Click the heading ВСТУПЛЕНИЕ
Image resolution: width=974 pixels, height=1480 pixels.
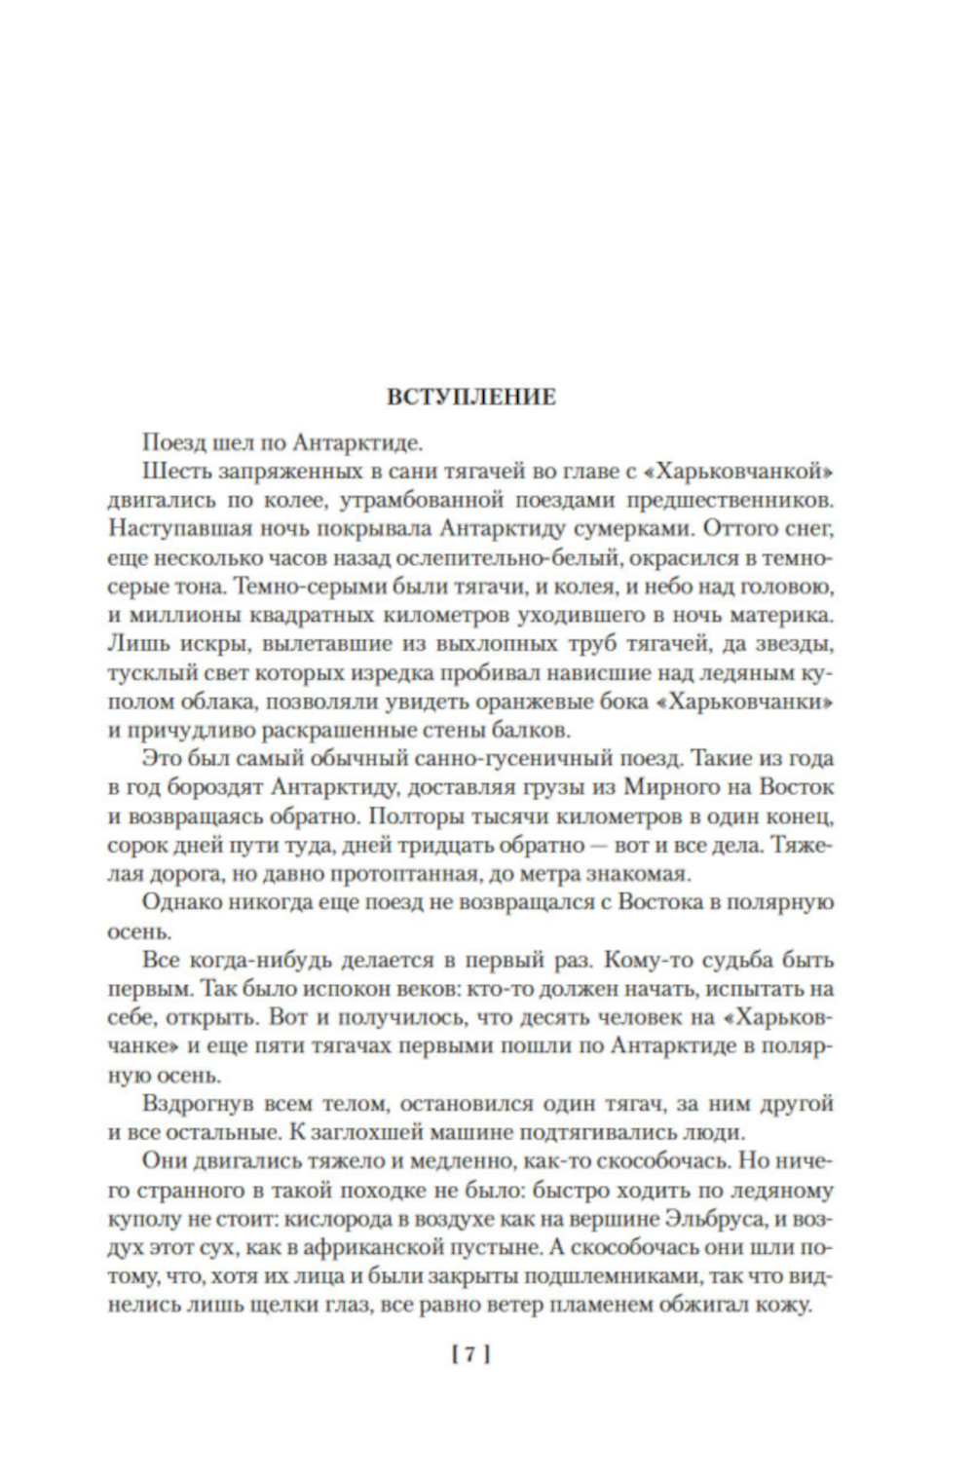point(471,398)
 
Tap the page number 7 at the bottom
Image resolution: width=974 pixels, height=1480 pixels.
point(470,1353)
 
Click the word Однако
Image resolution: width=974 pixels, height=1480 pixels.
point(175,902)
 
